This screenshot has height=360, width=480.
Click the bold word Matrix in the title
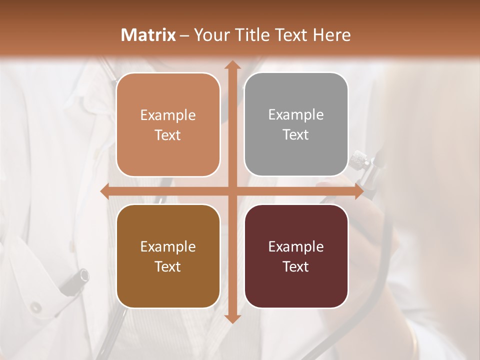click(148, 35)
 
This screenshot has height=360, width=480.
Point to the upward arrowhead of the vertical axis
click(232, 65)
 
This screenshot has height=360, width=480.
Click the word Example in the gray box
click(296, 114)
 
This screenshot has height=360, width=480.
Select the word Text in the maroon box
click(296, 266)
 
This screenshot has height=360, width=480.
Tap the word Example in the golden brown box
click(168, 246)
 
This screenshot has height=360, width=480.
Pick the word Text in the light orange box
click(168, 135)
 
